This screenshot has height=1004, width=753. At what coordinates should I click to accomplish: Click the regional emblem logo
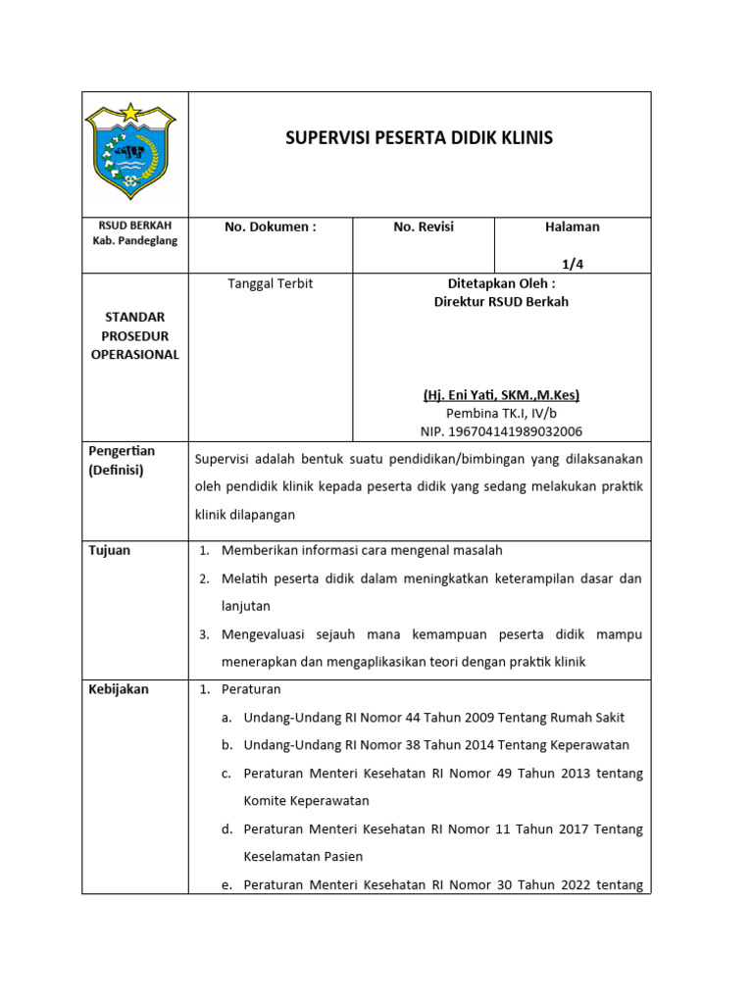coord(130,153)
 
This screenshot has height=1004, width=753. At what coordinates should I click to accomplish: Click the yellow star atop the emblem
coord(130,112)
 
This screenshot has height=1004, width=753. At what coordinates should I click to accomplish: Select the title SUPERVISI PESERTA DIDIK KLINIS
coord(419,138)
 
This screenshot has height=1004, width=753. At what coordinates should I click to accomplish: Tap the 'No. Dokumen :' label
coord(270,227)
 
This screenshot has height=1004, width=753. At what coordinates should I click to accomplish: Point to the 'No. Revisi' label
coord(424,227)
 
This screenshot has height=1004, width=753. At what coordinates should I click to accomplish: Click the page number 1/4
coord(572,264)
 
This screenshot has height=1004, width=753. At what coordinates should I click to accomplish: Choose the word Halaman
coord(572,227)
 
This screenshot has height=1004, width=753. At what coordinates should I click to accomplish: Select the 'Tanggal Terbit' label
coord(270,283)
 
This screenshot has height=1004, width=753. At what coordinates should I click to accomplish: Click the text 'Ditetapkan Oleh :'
coord(501,283)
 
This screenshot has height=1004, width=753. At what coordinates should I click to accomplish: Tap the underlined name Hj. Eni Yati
coord(501,395)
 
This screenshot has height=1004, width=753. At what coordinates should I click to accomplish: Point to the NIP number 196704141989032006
coord(501,431)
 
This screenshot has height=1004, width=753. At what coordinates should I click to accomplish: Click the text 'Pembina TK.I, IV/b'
coord(501,414)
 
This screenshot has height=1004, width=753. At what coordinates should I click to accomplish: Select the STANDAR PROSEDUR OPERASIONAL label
coord(135,336)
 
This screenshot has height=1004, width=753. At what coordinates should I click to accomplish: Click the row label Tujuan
coord(110,551)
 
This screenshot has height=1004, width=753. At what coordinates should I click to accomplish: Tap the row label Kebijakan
coord(119,689)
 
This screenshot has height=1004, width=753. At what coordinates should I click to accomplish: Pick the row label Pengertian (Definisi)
coord(123,461)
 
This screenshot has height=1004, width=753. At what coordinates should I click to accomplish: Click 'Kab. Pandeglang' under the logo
coord(135,241)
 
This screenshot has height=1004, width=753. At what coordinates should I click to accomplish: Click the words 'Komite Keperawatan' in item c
coord(306,801)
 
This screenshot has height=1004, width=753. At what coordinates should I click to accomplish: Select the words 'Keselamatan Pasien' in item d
coord(303,857)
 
